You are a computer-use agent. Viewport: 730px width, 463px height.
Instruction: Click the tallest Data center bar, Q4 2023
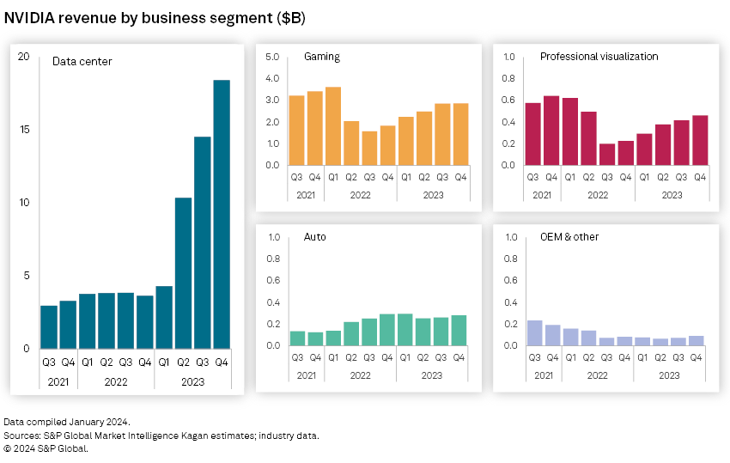(222, 214)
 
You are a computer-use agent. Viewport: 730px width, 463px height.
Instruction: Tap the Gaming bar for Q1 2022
(333, 125)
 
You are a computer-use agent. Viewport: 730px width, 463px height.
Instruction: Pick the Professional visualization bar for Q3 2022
(606, 155)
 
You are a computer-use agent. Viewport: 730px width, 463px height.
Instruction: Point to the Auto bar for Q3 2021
(297, 338)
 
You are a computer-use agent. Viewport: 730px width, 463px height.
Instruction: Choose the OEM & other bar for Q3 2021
(534, 333)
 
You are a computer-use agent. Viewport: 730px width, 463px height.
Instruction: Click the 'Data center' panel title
(82, 61)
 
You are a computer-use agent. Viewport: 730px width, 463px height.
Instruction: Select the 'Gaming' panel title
(322, 57)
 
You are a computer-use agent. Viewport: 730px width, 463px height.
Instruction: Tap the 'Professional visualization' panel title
(599, 57)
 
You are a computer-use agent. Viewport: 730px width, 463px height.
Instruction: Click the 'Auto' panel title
(315, 237)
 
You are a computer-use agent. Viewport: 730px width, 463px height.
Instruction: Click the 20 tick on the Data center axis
(23, 57)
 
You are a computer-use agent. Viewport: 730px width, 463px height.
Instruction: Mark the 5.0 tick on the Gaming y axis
(272, 57)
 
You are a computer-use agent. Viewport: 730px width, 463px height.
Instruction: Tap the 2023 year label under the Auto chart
(432, 375)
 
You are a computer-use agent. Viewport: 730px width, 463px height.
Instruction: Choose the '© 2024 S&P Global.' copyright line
(46, 448)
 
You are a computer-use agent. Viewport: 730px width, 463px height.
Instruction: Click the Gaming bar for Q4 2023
(460, 134)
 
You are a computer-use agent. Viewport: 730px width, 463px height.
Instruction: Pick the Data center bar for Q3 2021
(49, 326)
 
